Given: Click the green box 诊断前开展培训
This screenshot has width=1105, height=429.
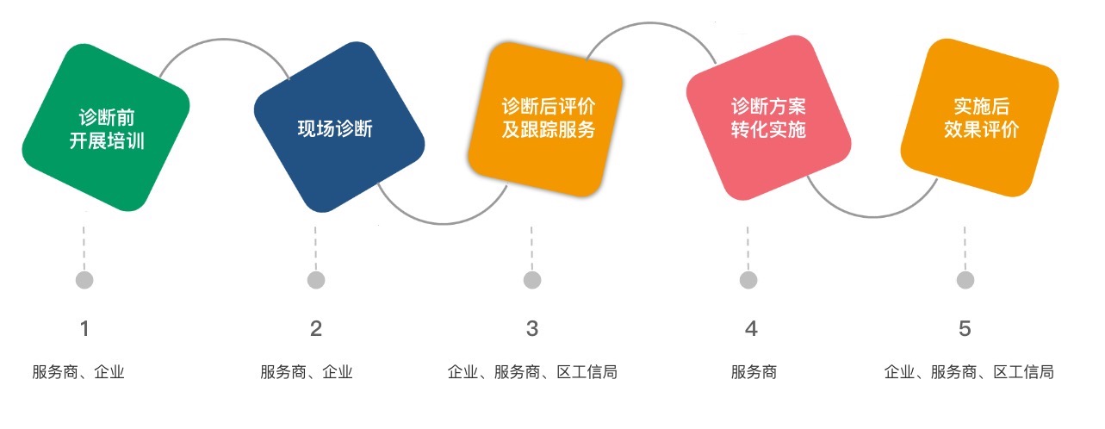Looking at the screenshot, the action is (106, 127).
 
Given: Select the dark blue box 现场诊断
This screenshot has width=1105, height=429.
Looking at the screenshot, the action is (338, 127).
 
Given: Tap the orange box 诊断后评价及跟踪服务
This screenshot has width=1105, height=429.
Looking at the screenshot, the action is (545, 119).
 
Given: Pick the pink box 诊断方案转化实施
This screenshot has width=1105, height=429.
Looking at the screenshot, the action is (768, 118).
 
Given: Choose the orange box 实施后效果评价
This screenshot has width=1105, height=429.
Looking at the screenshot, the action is (980, 117).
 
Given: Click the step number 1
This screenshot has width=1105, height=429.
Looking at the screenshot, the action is (84, 329).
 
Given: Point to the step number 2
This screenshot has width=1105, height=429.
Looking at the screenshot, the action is (316, 329).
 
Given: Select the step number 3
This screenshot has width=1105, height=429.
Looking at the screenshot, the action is (531, 329).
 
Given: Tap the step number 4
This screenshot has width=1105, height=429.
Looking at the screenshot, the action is (751, 329).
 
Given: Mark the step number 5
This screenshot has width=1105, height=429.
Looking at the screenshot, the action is (965, 329).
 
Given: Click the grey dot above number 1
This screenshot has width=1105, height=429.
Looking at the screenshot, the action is (84, 280).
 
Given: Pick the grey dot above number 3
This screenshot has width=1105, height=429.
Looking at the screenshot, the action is (532, 280).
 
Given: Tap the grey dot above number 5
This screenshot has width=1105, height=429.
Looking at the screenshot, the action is (965, 280).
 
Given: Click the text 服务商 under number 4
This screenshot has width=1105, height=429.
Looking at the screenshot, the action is (754, 372).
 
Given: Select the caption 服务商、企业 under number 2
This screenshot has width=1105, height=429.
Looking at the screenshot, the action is (307, 372).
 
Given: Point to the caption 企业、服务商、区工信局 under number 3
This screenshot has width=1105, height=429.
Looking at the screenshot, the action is (532, 372).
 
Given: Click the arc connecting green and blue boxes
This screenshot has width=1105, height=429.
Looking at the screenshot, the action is (223, 39).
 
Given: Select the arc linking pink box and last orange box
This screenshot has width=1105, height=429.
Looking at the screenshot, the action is (873, 216).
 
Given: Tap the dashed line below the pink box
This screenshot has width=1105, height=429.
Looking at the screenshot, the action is (748, 248).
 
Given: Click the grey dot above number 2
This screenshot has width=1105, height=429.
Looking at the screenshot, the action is (316, 280).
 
